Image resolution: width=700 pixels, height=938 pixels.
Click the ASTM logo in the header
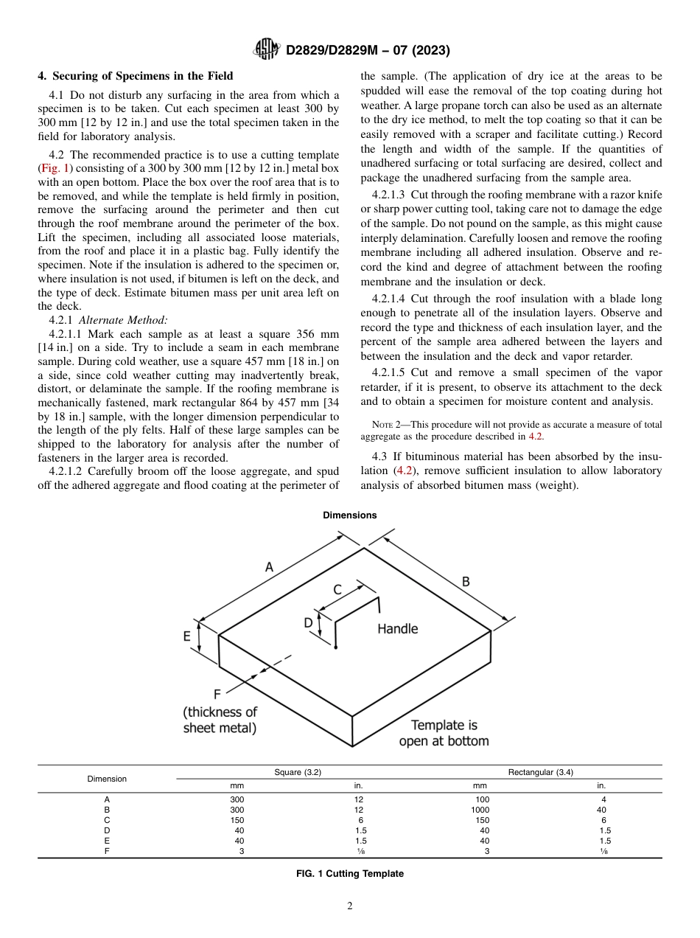pyautogui.click(x=265, y=49)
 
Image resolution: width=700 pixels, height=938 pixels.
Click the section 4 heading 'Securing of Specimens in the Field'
pyautogui.click(x=135, y=76)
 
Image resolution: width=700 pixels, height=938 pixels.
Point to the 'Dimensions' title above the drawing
pyautogui.click(x=349, y=515)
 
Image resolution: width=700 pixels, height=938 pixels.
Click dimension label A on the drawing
pyautogui.click(x=269, y=567)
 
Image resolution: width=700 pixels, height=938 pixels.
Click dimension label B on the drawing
pyautogui.click(x=466, y=581)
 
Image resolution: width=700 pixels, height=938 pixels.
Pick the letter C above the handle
pyautogui.click(x=337, y=589)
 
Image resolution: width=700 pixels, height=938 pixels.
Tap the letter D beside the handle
pyautogui.click(x=308, y=623)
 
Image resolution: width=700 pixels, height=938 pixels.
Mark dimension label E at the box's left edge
pyautogui.click(x=187, y=636)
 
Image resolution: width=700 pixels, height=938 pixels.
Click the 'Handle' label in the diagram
pyautogui.click(x=397, y=629)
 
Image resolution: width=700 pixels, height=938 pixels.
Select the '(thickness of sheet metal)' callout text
pyautogui.click(x=220, y=720)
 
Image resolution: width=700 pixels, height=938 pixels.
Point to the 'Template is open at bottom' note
pyautogui.click(x=444, y=733)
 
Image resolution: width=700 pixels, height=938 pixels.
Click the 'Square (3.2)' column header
pyautogui.click(x=298, y=772)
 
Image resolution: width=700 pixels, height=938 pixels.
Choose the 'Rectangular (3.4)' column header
pyautogui.click(x=540, y=772)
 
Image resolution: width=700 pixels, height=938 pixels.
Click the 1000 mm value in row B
pyautogui.click(x=480, y=809)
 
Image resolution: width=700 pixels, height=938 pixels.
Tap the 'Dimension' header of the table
pyautogui.click(x=107, y=779)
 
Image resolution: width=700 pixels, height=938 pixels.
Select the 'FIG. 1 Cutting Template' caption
pyautogui.click(x=349, y=874)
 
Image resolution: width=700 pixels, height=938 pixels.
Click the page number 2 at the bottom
pyautogui.click(x=350, y=906)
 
